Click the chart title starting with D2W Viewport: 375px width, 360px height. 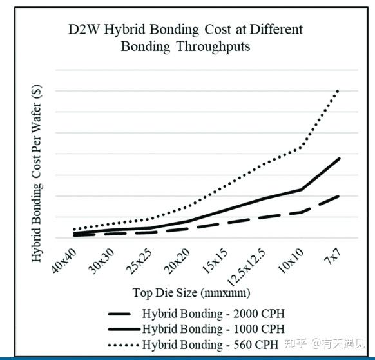click(186, 37)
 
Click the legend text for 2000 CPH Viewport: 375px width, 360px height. click(213, 314)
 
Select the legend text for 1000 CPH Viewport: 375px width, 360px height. click(213, 329)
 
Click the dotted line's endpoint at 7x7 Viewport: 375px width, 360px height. click(339, 90)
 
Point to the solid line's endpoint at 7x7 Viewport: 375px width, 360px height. click(339, 158)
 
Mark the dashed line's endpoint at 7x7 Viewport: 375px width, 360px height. click(339, 196)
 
